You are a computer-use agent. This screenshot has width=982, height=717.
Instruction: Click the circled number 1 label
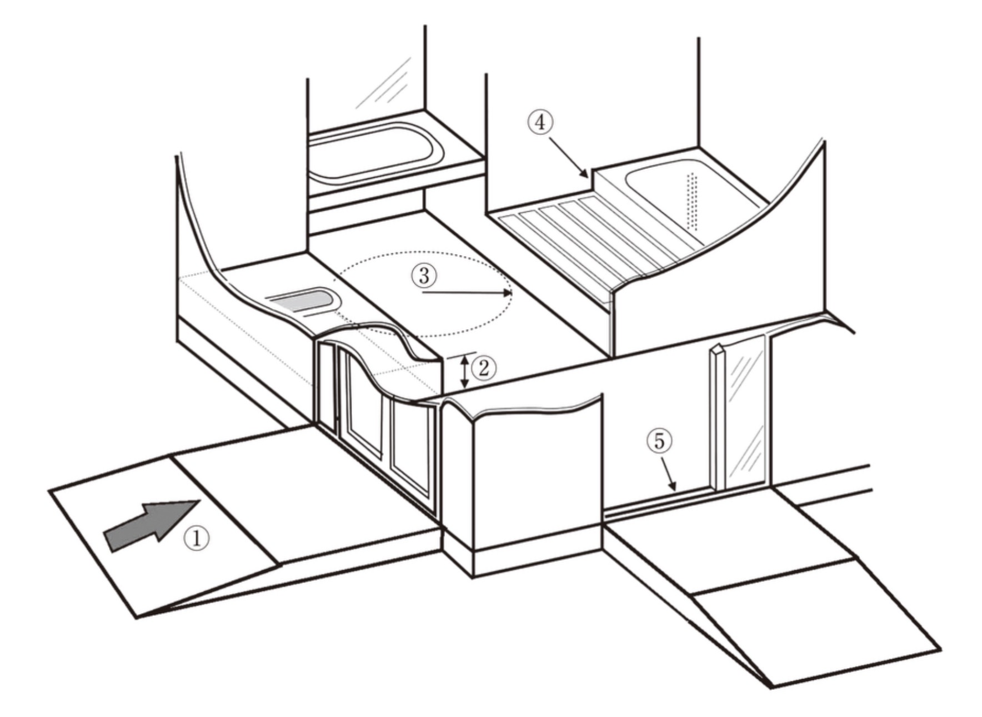point(198,538)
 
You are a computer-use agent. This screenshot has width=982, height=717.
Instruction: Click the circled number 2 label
point(483,367)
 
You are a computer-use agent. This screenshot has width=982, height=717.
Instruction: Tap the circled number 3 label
point(424,276)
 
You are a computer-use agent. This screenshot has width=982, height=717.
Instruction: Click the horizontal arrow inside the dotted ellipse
point(467,292)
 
